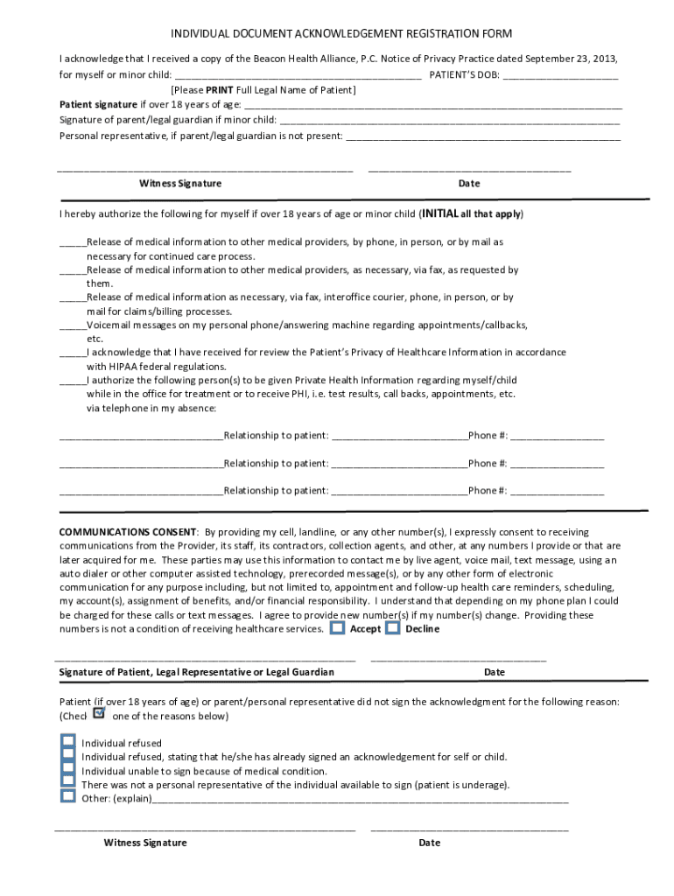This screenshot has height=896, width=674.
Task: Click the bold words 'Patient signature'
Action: [93, 104]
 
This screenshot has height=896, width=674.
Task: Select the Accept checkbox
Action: [337, 627]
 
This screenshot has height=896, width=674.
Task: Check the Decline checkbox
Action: [393, 627]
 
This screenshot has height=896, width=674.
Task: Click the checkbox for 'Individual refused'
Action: [67, 742]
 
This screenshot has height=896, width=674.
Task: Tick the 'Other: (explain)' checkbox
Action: [67, 797]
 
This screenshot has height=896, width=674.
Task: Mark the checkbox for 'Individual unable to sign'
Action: [67, 770]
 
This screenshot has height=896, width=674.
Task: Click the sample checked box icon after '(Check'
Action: [98, 714]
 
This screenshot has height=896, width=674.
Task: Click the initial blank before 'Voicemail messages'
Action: [73, 325]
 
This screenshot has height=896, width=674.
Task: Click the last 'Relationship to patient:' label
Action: [276, 491]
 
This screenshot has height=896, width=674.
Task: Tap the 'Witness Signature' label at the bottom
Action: [145, 843]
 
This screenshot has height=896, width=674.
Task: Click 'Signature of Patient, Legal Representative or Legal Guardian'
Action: [196, 672]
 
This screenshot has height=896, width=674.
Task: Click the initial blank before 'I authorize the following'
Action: [73, 381]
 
